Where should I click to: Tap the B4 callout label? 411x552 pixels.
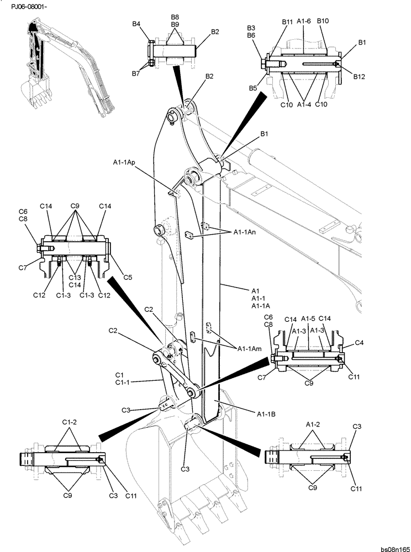click(136, 24)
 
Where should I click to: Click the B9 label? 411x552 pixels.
click(175, 25)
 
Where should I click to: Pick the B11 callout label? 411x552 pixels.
click(287, 22)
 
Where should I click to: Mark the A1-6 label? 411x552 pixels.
click(304, 21)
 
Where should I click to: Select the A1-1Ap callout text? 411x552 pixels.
click(124, 162)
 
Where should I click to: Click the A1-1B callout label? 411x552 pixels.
click(267, 412)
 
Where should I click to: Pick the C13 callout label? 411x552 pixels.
click(75, 277)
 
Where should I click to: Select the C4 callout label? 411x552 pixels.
click(359, 343)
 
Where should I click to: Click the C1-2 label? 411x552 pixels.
click(69, 422)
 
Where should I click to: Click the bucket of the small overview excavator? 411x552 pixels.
click(31, 91)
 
